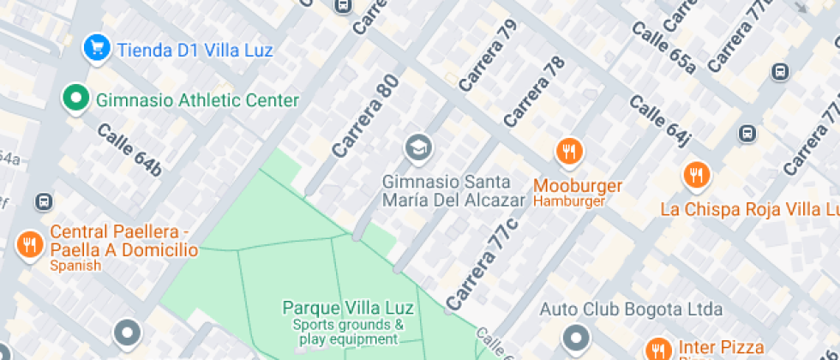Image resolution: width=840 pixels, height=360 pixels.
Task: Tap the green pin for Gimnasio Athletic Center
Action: pyautogui.click(x=76, y=99)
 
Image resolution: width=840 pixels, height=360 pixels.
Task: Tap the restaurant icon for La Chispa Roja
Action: pyautogui.click(x=697, y=177)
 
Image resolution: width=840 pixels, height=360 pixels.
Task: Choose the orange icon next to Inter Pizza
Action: pyautogui.click(x=658, y=349)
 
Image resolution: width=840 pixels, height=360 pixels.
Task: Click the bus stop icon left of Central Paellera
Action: pyautogui.click(x=43, y=202)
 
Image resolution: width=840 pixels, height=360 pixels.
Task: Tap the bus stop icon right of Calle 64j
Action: pyautogui.click(x=747, y=133)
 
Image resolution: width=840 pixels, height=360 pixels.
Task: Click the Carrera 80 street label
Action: pyautogui.click(x=366, y=120)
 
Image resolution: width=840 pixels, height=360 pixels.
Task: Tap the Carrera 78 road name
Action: pyautogui.click(x=535, y=92)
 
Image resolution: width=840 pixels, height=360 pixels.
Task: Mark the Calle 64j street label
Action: pyautogui.click(x=660, y=120)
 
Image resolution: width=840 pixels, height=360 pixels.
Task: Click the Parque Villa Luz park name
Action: pyautogui.click(x=348, y=308)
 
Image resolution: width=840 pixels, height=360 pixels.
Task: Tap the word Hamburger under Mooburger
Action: pyautogui.click(x=569, y=201)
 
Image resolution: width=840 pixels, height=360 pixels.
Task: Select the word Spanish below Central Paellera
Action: pyautogui.click(x=75, y=266)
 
